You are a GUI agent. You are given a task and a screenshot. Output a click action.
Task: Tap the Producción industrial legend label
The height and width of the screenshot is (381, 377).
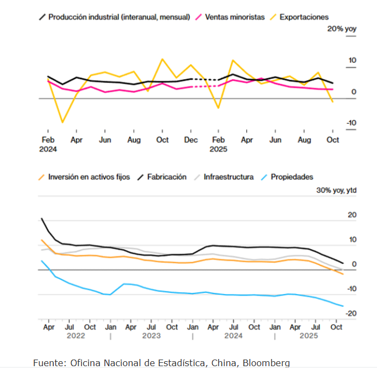point(119,17)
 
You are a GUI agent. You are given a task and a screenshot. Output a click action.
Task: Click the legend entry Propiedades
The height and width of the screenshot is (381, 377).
point(292,177)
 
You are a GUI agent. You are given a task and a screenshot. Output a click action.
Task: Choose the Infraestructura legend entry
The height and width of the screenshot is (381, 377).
point(228,177)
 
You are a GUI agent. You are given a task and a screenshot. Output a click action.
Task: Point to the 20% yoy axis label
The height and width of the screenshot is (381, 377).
point(342,29)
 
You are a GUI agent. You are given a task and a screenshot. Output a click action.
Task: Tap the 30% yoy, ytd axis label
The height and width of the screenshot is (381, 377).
point(336,190)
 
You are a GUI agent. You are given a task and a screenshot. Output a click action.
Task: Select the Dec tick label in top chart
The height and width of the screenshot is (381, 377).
point(191,140)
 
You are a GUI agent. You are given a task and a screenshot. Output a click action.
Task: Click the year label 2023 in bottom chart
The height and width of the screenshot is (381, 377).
point(151,335)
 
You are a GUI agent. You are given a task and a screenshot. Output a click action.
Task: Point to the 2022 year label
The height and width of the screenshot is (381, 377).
point(76,335)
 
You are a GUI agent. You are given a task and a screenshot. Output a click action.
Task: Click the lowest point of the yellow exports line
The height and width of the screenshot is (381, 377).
point(62,122)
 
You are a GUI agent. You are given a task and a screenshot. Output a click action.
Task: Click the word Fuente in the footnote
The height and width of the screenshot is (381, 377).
point(48,363)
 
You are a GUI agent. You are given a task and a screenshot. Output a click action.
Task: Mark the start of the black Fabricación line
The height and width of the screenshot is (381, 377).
point(42,219)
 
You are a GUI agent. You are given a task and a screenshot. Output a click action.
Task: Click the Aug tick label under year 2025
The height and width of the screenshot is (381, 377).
point(304,140)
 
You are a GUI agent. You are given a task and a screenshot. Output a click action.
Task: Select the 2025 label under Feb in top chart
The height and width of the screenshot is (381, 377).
point(219,149)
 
